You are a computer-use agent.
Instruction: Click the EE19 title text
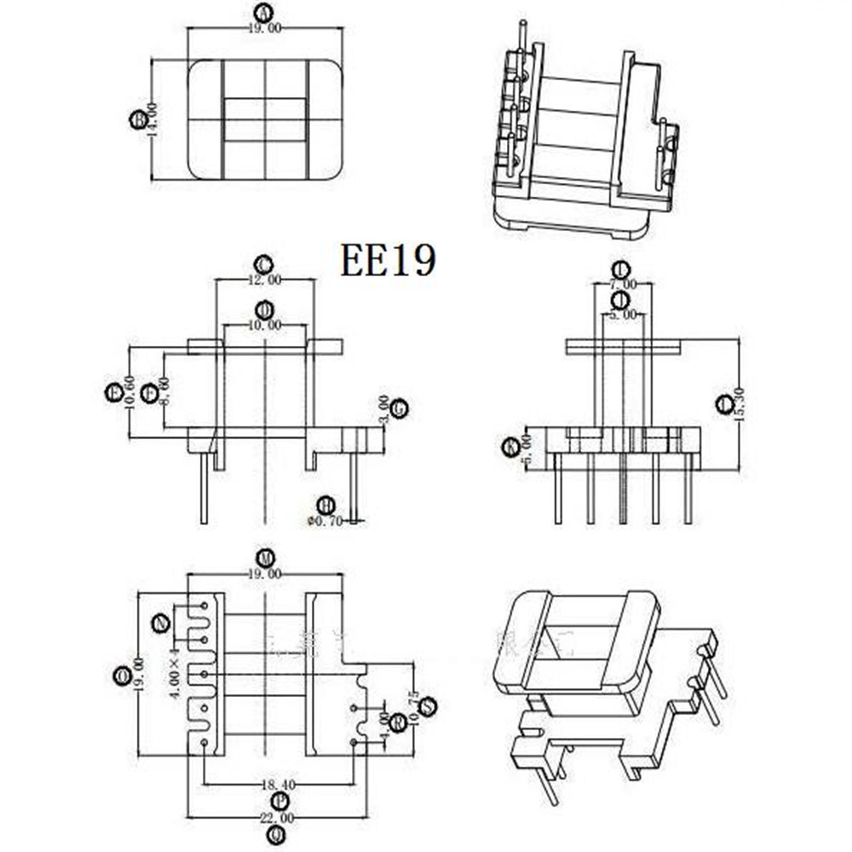pyautogui.click(x=389, y=260)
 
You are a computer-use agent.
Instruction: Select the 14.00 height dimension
pyautogui.click(x=153, y=119)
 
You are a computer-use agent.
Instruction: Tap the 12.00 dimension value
pyautogui.click(x=264, y=279)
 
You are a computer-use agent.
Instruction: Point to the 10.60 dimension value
pyautogui.click(x=130, y=393)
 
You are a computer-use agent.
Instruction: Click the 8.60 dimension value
pyautogui.click(x=164, y=393)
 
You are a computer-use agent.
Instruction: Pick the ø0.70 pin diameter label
pyautogui.click(x=324, y=521)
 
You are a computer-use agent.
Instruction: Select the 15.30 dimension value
pyautogui.click(x=739, y=404)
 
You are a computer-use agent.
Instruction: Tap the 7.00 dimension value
pyautogui.click(x=623, y=284)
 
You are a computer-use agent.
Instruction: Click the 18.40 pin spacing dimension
pyautogui.click(x=279, y=785)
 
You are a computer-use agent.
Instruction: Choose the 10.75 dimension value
pyautogui.click(x=413, y=707)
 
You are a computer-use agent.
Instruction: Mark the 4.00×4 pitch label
pyautogui.click(x=174, y=673)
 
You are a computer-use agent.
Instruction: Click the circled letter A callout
pyautogui.click(x=263, y=12)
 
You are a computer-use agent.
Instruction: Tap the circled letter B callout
pyautogui.click(x=137, y=119)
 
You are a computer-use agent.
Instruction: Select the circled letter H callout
pyautogui.click(x=325, y=505)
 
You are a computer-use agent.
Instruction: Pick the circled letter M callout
pyautogui.click(x=265, y=558)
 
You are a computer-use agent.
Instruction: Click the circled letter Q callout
pyautogui.click(x=275, y=835)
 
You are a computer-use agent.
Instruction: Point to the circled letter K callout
pyautogui.click(x=510, y=446)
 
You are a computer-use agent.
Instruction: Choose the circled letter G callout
pyautogui.click(x=399, y=408)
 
